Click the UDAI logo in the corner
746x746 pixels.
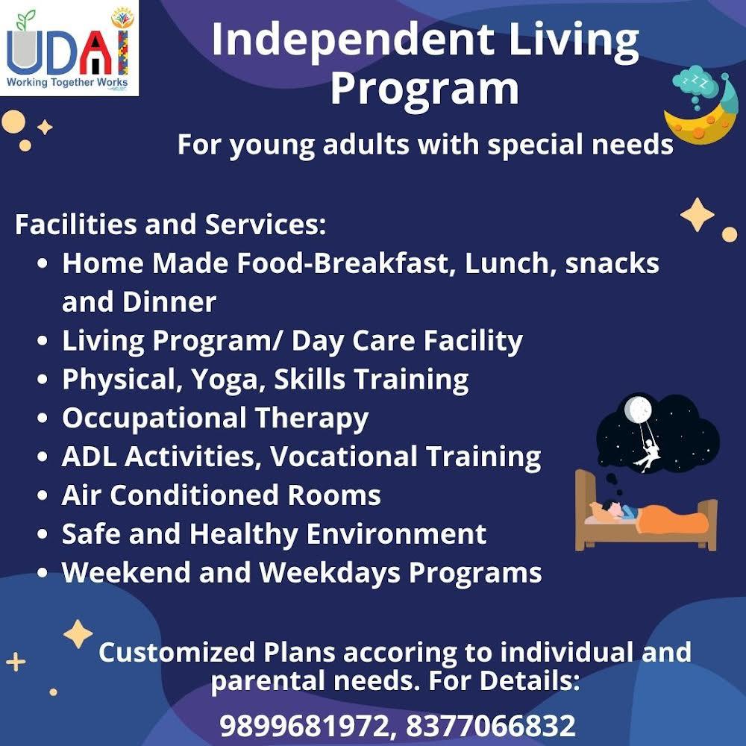pyautogui.click(x=69, y=48)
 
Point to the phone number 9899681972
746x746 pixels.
pyautogui.click(x=304, y=726)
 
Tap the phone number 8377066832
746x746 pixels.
pyautogui.click(x=491, y=726)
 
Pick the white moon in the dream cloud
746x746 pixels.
pyautogui.click(x=638, y=408)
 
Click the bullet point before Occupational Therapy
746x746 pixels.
pyautogui.click(x=43, y=418)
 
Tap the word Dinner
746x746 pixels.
pyautogui.click(x=169, y=301)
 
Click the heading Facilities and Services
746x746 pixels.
pyautogui.click(x=170, y=224)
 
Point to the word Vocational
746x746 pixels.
pyautogui.click(x=343, y=457)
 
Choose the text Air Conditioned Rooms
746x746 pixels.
pyautogui.click(x=222, y=495)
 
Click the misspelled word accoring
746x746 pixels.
pyautogui.click(x=400, y=653)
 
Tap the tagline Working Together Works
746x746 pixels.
pyautogui.click(x=67, y=82)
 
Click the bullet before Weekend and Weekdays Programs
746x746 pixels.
pyautogui.click(x=43, y=572)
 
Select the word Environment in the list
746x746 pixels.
pyautogui.click(x=396, y=534)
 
